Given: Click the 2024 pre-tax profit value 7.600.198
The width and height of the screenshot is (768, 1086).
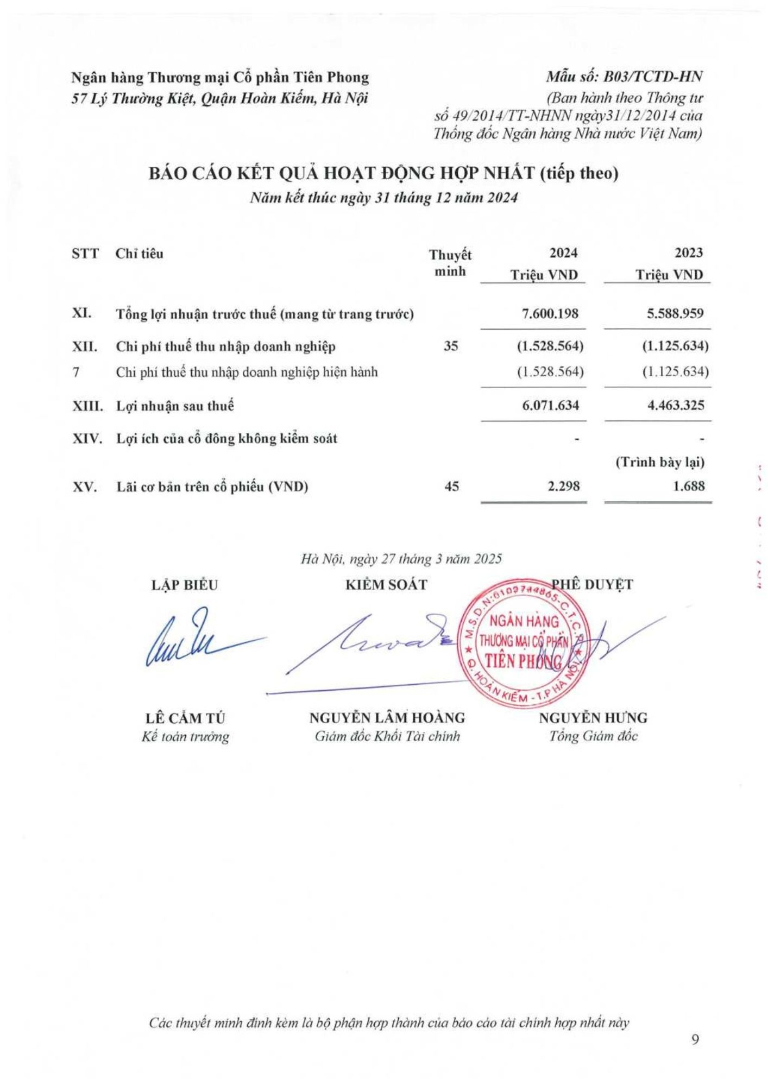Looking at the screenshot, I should click(550, 313).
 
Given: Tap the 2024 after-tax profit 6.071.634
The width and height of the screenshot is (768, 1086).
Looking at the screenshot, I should click(550, 405).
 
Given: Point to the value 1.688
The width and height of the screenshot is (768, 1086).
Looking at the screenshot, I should click(689, 486).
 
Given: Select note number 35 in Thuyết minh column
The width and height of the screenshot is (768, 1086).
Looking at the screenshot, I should click(451, 346).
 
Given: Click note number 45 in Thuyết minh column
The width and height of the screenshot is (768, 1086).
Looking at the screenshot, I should click(451, 486).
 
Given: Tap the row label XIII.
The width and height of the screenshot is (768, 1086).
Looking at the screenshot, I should click(87, 406).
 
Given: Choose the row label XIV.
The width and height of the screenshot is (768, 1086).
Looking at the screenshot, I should click(87, 438).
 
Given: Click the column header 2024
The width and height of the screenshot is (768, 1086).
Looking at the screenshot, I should click(563, 253).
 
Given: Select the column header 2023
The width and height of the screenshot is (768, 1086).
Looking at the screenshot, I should click(688, 253).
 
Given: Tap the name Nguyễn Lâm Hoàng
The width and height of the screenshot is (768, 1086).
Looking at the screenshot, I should click(387, 718).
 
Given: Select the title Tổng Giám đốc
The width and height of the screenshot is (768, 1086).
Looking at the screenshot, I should click(593, 736).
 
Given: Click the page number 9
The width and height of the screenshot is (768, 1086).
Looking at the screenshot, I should click(695, 1039).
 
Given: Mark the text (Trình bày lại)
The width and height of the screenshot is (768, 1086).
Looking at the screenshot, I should click(659, 463).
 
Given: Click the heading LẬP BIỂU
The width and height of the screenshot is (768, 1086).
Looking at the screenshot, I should click(185, 585).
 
